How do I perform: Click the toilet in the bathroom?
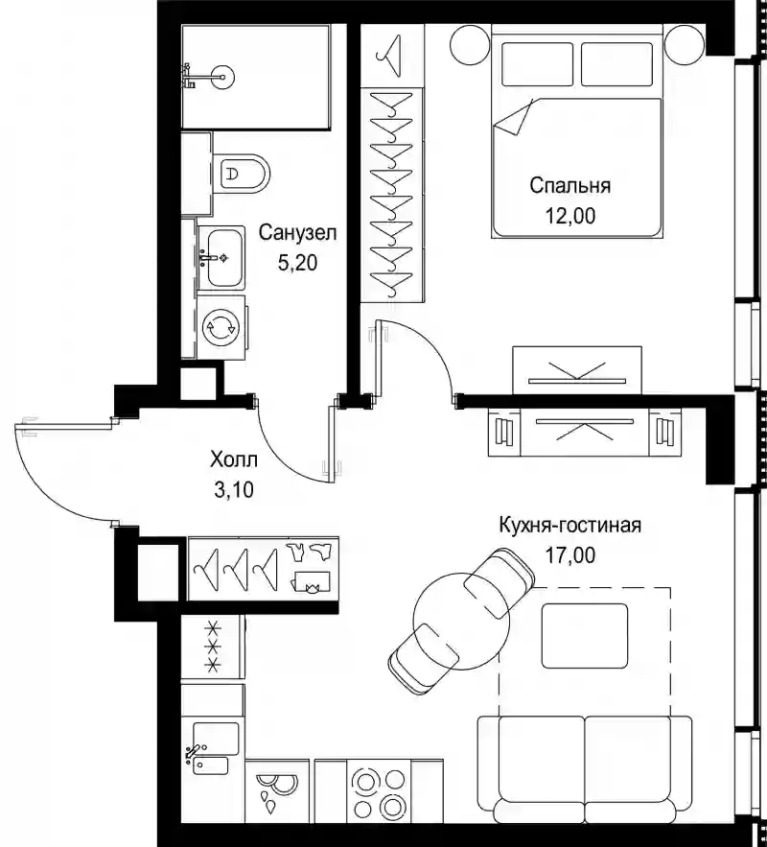click(x=241, y=174)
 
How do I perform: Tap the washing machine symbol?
click(x=221, y=327)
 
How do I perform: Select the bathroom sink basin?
click(x=221, y=257)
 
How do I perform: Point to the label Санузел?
click(x=297, y=233)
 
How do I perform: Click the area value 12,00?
click(x=570, y=216)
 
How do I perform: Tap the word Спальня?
click(x=570, y=186)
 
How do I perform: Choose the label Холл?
click(x=234, y=460)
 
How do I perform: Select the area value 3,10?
click(x=234, y=490)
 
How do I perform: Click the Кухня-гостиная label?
click(x=570, y=525)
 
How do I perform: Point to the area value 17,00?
click(x=570, y=554)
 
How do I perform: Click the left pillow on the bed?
click(x=537, y=63)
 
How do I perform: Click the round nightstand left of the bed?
click(x=470, y=44)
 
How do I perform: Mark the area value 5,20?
click(x=297, y=263)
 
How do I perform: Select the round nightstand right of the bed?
click(x=685, y=44)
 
